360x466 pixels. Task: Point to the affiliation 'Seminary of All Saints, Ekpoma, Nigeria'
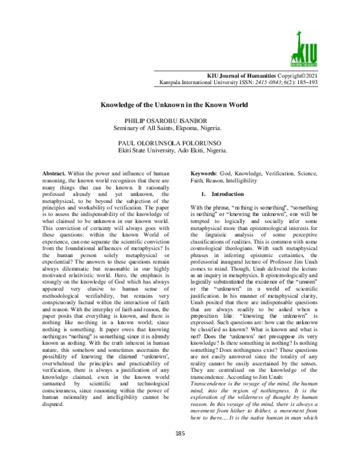pos(173,129)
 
